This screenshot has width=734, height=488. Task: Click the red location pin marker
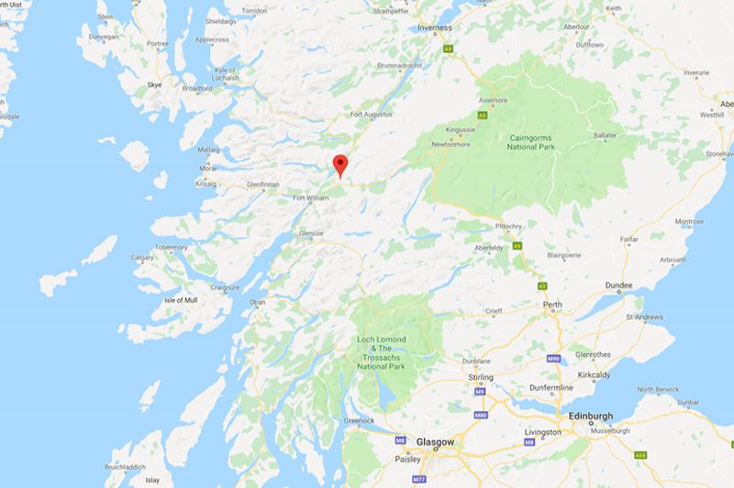(340, 165)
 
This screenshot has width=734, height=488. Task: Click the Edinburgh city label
(590, 414)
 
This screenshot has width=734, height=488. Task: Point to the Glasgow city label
(435, 442)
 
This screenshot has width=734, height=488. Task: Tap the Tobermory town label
(171, 247)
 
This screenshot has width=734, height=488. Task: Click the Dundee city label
(618, 285)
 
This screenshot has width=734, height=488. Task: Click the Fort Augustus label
(372, 114)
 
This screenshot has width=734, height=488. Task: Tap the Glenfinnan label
(262, 183)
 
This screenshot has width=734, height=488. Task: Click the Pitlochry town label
(510, 223)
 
